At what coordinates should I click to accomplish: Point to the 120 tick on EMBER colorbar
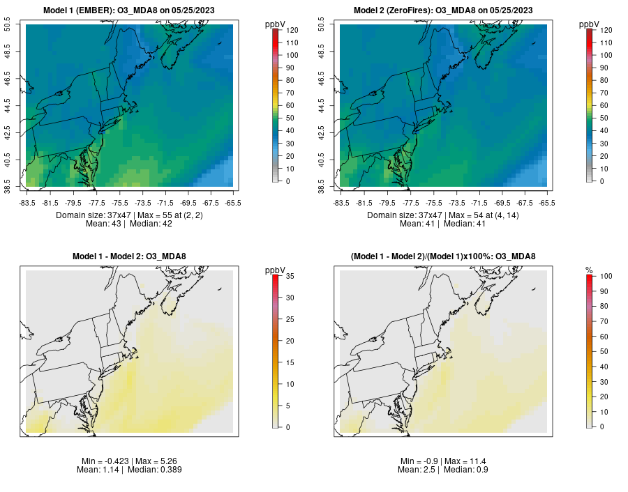click(x=292, y=30)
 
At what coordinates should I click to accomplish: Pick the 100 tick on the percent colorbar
click(x=605, y=277)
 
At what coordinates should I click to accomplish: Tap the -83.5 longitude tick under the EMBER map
click(x=27, y=203)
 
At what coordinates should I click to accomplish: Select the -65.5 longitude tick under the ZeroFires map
click(x=547, y=203)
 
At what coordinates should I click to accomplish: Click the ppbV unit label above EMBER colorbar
click(x=277, y=24)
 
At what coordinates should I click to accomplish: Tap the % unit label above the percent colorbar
click(x=589, y=270)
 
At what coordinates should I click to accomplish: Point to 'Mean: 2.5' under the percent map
click(x=416, y=470)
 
